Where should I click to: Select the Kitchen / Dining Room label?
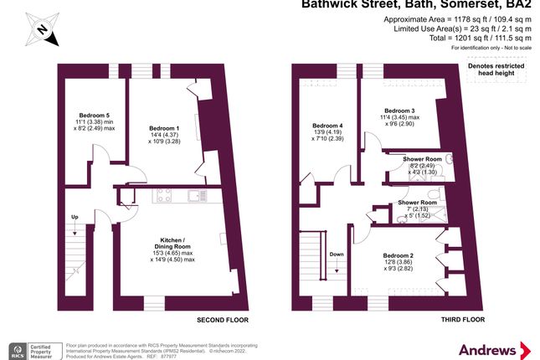(171, 246)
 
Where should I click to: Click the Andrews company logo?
(493, 347)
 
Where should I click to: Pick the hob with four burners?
(163, 196)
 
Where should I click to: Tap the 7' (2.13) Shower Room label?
(417, 208)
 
